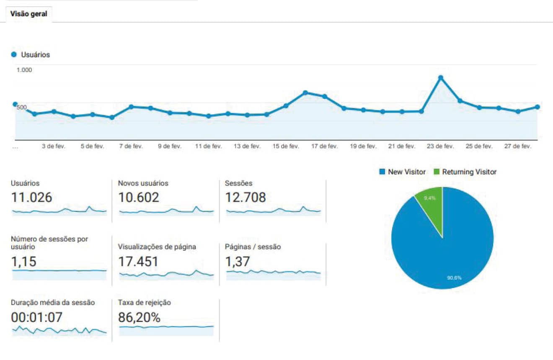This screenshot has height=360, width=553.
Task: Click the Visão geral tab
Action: [29, 14]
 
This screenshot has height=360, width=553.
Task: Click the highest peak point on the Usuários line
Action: [440, 77]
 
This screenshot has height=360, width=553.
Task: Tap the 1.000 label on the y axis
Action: [24, 70]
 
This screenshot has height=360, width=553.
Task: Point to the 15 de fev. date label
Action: [286, 147]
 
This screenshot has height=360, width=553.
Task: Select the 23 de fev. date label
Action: [440, 147]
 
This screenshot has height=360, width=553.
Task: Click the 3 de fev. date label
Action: [54, 147]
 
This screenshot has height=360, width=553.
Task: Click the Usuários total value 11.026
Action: [31, 197]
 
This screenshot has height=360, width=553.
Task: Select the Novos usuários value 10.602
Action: [139, 197]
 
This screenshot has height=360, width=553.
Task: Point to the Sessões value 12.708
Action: [245, 197]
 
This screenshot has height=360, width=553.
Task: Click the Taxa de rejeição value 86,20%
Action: [140, 318]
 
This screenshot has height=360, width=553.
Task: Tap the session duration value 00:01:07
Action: [37, 318]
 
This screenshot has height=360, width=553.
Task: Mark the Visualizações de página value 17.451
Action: [138, 262]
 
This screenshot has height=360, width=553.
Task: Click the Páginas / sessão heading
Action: [253, 247]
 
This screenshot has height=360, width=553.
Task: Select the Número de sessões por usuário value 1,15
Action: [23, 262]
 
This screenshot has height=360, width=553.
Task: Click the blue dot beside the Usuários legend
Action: [14, 54]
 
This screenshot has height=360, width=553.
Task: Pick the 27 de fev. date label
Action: [517, 147]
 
